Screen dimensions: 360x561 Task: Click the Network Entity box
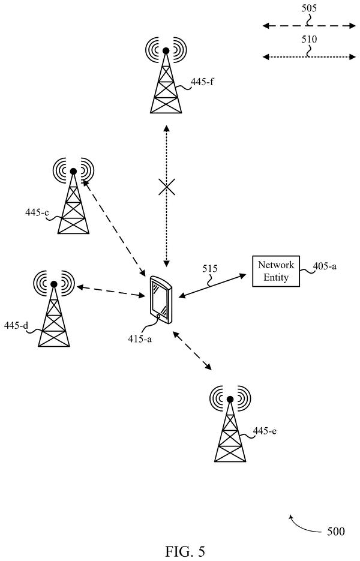[276, 271]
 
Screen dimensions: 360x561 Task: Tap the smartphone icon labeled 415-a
[161, 299]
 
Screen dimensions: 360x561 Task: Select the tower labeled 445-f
[166, 75]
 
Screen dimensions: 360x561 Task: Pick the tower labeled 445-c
[73, 196]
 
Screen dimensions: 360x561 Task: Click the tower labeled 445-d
[54, 309]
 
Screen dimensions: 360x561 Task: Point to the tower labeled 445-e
[230, 424]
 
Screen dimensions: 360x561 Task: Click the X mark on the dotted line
[167, 187]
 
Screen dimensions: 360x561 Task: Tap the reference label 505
[309, 8]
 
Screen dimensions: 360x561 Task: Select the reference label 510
[309, 38]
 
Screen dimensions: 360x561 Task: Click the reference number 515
[210, 268]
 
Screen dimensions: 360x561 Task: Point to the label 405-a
[325, 266]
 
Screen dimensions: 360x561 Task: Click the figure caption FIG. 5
[185, 551]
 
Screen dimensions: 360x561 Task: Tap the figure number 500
[335, 532]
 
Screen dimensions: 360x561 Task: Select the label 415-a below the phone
[140, 338]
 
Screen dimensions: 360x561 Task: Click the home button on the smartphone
[158, 316]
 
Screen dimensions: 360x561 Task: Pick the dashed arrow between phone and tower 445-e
[192, 350]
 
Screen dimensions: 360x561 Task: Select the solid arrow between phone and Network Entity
[212, 286]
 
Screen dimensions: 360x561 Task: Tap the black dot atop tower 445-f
[166, 51]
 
